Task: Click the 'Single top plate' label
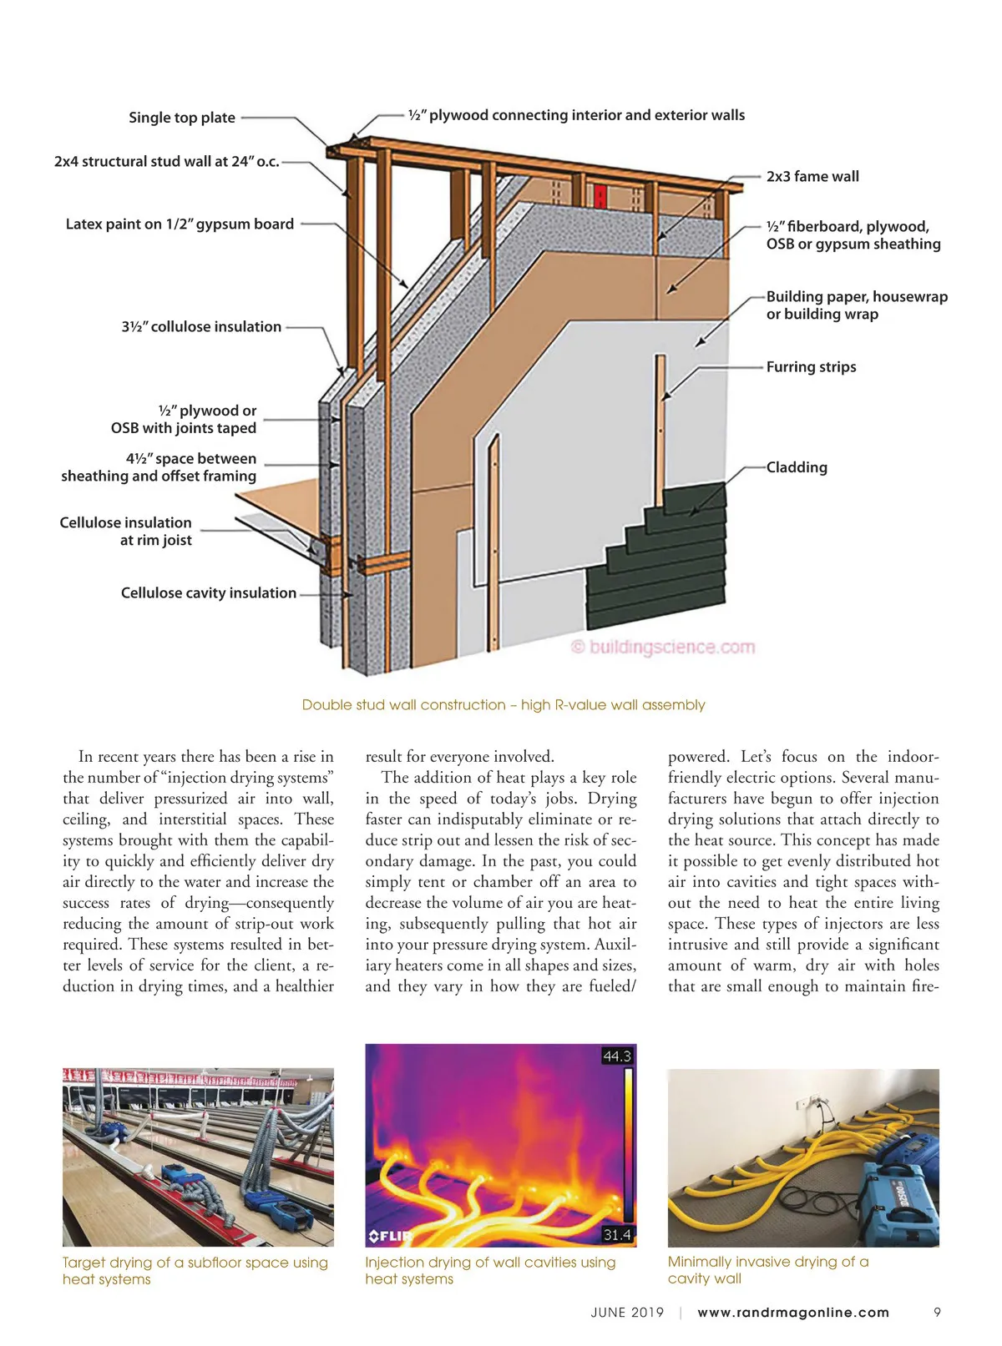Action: click(182, 118)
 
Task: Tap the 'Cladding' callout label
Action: click(797, 467)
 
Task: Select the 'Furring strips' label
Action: click(811, 367)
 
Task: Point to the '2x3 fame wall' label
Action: click(812, 177)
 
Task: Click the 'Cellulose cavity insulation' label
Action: click(209, 593)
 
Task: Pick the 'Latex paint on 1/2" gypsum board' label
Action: click(180, 224)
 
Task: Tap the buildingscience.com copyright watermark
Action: click(663, 648)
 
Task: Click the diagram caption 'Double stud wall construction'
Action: click(503, 705)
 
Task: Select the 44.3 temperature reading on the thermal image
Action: click(617, 1056)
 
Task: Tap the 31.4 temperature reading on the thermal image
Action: click(617, 1235)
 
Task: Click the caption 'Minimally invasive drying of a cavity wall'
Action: click(767, 1270)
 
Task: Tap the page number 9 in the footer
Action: click(937, 1313)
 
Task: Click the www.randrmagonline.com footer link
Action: click(793, 1313)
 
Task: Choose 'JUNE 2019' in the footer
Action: click(627, 1313)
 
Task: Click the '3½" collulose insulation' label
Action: click(201, 327)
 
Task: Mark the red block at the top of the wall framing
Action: click(599, 197)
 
